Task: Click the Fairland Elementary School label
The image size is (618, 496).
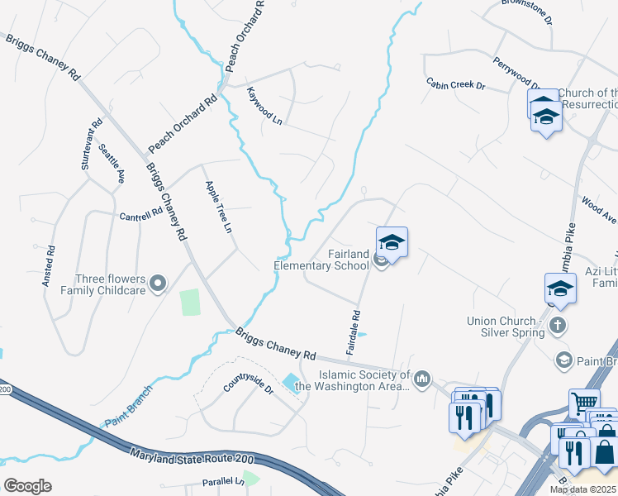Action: pos(321,260)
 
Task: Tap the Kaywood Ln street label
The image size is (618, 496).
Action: pos(265,107)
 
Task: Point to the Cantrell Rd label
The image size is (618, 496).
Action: pos(140,215)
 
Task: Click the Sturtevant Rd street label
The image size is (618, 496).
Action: pos(92,145)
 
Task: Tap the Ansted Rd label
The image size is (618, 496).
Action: pos(50,265)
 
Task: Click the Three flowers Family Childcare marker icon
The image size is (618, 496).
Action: pos(160,284)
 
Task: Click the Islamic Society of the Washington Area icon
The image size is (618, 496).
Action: pos(422,379)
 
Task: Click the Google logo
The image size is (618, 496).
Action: pos(27,486)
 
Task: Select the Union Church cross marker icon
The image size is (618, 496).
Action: pos(558,325)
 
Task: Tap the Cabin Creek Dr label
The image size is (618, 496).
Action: pos(455,84)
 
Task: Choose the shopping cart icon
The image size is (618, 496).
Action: pos(583,403)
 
